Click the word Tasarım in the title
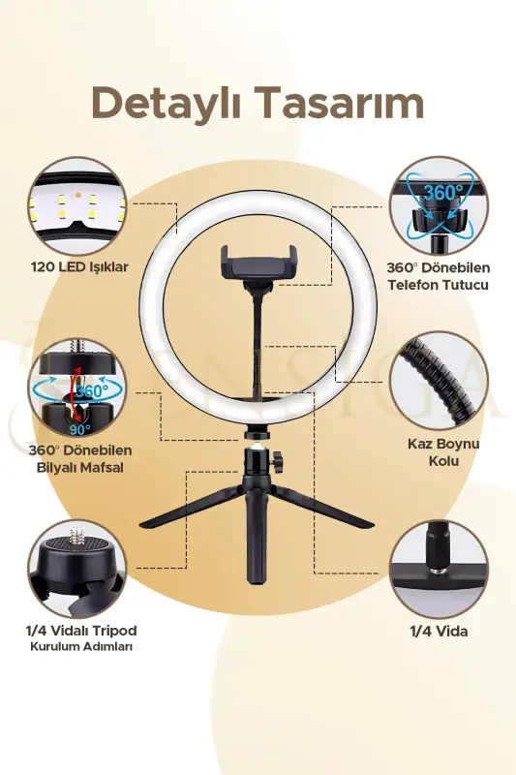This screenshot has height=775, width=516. click(x=342, y=103)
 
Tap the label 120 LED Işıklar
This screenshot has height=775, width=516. click(x=79, y=267)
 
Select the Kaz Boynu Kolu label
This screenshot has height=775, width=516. click(x=443, y=451)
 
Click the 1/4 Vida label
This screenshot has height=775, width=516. click(x=439, y=632)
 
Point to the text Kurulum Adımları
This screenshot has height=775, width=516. click(x=81, y=646)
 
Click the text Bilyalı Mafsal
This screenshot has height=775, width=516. click(x=80, y=467)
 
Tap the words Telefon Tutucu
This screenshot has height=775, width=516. click(x=438, y=285)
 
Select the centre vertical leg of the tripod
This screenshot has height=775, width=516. click(x=258, y=539)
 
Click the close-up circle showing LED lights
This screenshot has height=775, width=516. click(x=77, y=206)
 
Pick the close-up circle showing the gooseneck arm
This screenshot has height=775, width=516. click(x=439, y=381)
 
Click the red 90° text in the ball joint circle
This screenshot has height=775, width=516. click(x=80, y=430)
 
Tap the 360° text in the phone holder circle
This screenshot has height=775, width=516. click(x=443, y=192)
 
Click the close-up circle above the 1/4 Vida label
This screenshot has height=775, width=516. click(x=439, y=570)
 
